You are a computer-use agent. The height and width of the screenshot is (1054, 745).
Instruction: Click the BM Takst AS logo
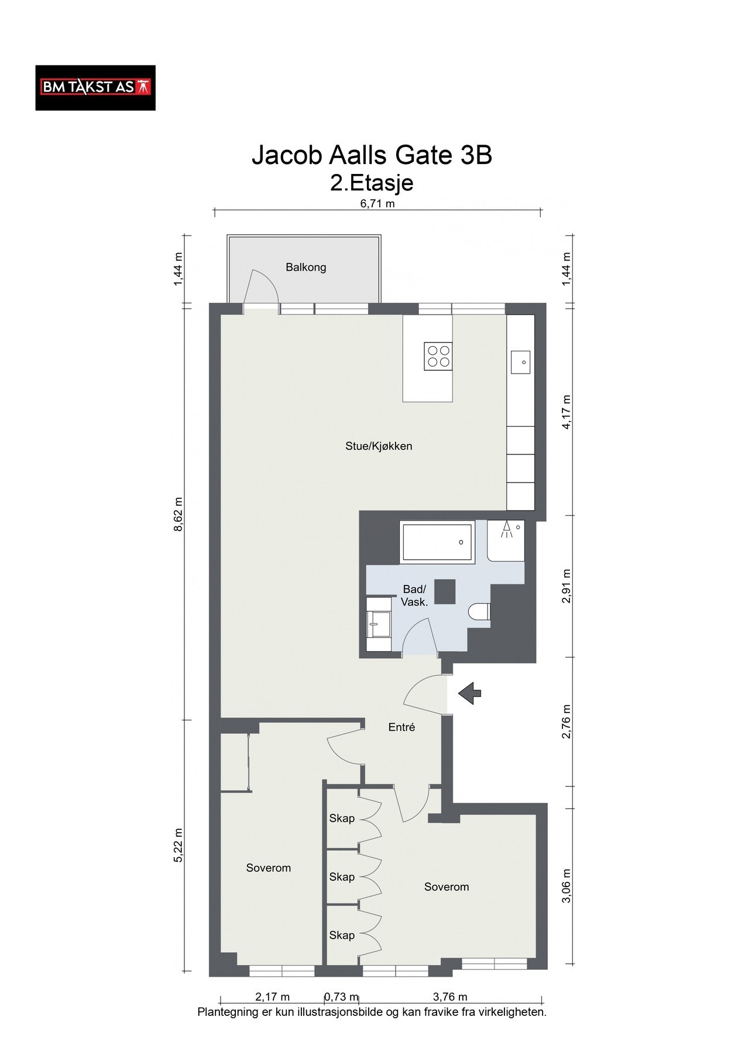[x=95, y=88]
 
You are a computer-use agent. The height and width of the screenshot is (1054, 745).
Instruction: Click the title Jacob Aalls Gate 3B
[x=372, y=155]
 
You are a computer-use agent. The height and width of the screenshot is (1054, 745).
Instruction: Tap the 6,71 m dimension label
[x=377, y=204]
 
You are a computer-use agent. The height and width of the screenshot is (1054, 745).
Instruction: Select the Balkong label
[x=305, y=268]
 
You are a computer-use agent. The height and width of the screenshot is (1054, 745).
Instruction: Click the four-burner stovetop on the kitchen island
[x=438, y=356]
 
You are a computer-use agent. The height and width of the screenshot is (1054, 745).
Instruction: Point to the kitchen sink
[x=520, y=362]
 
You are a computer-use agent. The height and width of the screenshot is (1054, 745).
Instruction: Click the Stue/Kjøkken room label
[x=379, y=446]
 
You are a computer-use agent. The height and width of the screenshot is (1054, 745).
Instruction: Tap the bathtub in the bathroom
[x=437, y=542]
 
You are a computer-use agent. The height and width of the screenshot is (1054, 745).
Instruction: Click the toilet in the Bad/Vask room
[x=480, y=611]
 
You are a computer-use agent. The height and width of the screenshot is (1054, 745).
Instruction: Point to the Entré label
[x=402, y=727]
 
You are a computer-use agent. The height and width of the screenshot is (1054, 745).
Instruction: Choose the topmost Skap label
[x=342, y=818]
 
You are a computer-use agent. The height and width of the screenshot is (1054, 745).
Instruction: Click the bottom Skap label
[x=342, y=935]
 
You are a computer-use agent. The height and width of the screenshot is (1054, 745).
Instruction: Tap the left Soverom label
[x=269, y=868]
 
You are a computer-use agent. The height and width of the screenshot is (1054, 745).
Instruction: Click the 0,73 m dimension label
[x=342, y=997]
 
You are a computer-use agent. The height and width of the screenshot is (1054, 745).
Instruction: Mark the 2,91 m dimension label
[x=566, y=586]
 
